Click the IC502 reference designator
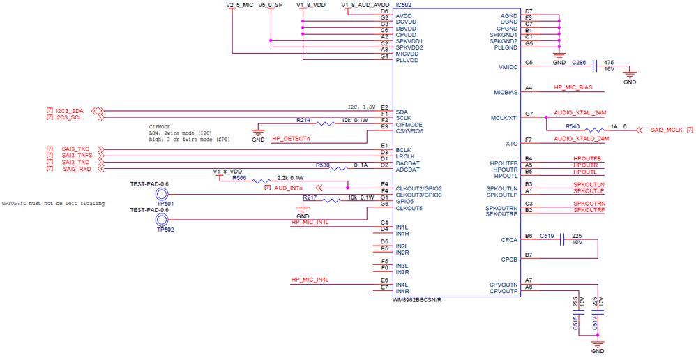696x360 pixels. coord(402,4)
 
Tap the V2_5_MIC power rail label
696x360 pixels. coord(239,5)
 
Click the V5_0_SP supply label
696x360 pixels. coord(271,5)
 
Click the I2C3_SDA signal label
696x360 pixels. coord(69,111)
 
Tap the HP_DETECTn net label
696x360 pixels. coord(291,139)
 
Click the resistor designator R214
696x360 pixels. coord(303,120)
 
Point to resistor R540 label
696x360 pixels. coord(572,126)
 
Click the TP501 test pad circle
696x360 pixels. coord(162,195)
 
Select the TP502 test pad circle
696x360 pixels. coord(162,220)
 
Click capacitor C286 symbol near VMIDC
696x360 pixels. coord(595,66)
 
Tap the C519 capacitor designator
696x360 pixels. coord(546,236)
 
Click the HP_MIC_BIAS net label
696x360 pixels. coord(573,88)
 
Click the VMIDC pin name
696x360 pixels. coord(508,67)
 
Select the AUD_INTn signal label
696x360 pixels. coord(288,188)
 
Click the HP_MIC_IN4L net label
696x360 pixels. coord(310,280)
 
